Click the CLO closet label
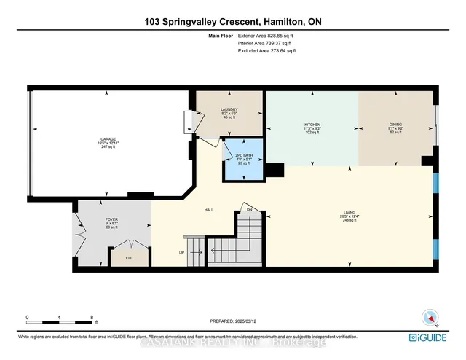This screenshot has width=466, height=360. coord(130,257)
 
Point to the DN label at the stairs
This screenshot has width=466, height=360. coord(248,211)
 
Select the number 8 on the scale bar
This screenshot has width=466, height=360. coord(92,316)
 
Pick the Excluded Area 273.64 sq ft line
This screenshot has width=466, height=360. coord(267,50)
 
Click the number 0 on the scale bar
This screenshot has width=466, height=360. coord(28,316)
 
